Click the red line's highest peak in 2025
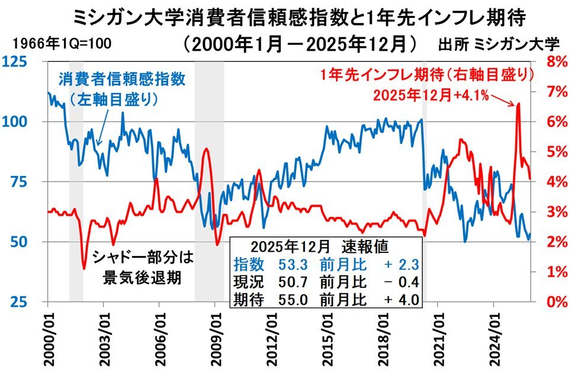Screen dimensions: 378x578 (518, 104)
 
